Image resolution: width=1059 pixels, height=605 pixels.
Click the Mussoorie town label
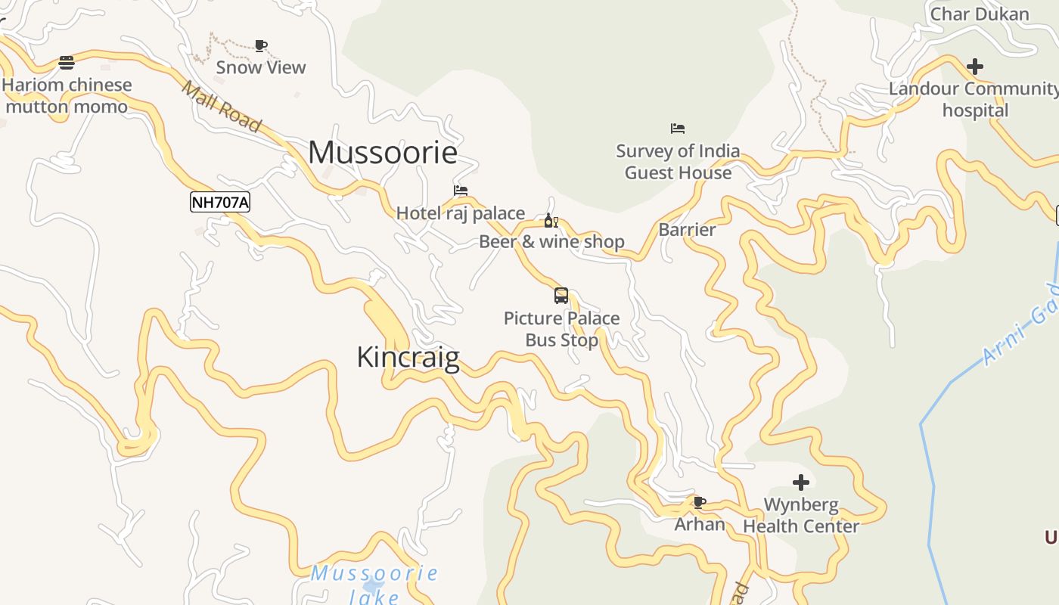tap(383, 152)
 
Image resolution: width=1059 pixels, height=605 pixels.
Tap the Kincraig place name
tap(408, 357)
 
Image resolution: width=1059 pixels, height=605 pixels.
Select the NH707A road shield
tap(219, 202)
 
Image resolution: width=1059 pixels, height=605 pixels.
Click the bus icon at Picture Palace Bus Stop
tap(561, 296)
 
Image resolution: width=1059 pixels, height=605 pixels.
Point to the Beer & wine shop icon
tap(551, 221)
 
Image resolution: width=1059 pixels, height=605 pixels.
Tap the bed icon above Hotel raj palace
tap(461, 191)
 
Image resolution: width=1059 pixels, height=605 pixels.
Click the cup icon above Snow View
tap(261, 45)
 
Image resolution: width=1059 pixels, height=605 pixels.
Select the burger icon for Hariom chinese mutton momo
tap(67, 62)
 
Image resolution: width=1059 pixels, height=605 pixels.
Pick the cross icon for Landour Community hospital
tap(975, 67)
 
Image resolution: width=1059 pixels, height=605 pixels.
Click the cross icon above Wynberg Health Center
tap(801, 482)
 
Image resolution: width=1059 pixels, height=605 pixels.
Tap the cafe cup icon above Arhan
tap(700, 502)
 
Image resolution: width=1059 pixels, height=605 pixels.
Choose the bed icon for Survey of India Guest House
tap(678, 129)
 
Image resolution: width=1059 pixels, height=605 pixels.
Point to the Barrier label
tap(687, 229)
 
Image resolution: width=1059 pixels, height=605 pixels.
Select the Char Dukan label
tap(980, 14)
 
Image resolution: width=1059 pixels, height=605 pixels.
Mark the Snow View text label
tap(261, 67)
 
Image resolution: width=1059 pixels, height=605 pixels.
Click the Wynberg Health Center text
tap(801, 515)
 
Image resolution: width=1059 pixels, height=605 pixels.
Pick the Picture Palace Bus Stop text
tap(561, 329)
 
